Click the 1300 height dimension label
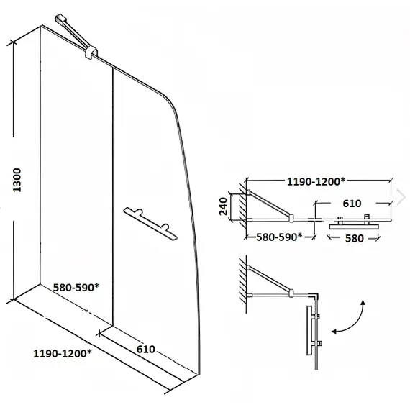[x=17, y=180]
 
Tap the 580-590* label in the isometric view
[x=76, y=288]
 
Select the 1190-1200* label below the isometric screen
[x=63, y=353]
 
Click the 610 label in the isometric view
[x=146, y=349]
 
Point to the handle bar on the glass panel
[x=150, y=223]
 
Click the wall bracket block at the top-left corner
[x=60, y=19]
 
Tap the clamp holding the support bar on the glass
[x=91, y=53]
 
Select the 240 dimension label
[x=223, y=206]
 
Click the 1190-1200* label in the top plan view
[x=316, y=181]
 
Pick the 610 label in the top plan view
[x=352, y=203]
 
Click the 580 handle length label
[x=355, y=238]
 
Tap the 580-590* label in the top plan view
[x=279, y=237]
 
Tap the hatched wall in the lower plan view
[x=243, y=285]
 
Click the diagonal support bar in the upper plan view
[x=270, y=204]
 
